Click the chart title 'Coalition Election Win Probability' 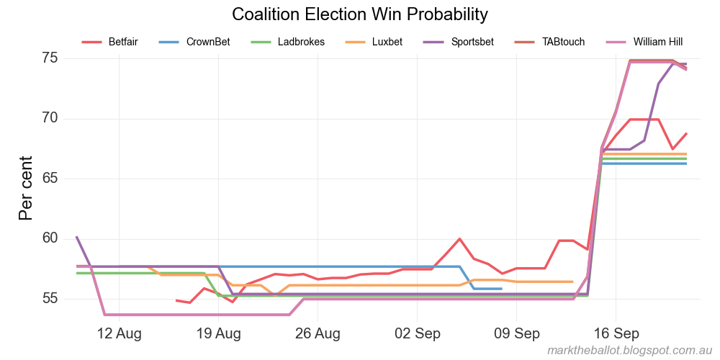coord(360,14)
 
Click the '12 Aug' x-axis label coord(119,333)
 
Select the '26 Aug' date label coord(318,333)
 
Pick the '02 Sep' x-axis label coord(418,333)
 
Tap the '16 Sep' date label coord(616,333)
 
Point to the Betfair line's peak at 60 coord(459,239)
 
